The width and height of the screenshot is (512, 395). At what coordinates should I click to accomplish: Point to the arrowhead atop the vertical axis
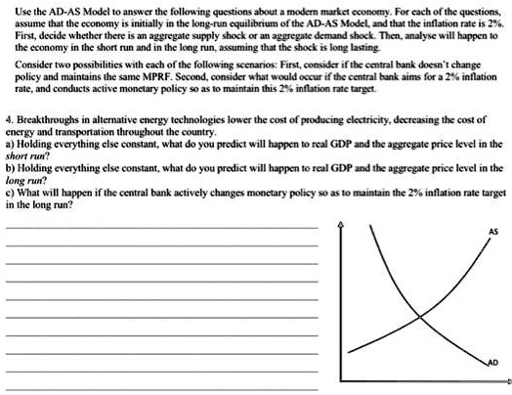(x=340, y=227)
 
